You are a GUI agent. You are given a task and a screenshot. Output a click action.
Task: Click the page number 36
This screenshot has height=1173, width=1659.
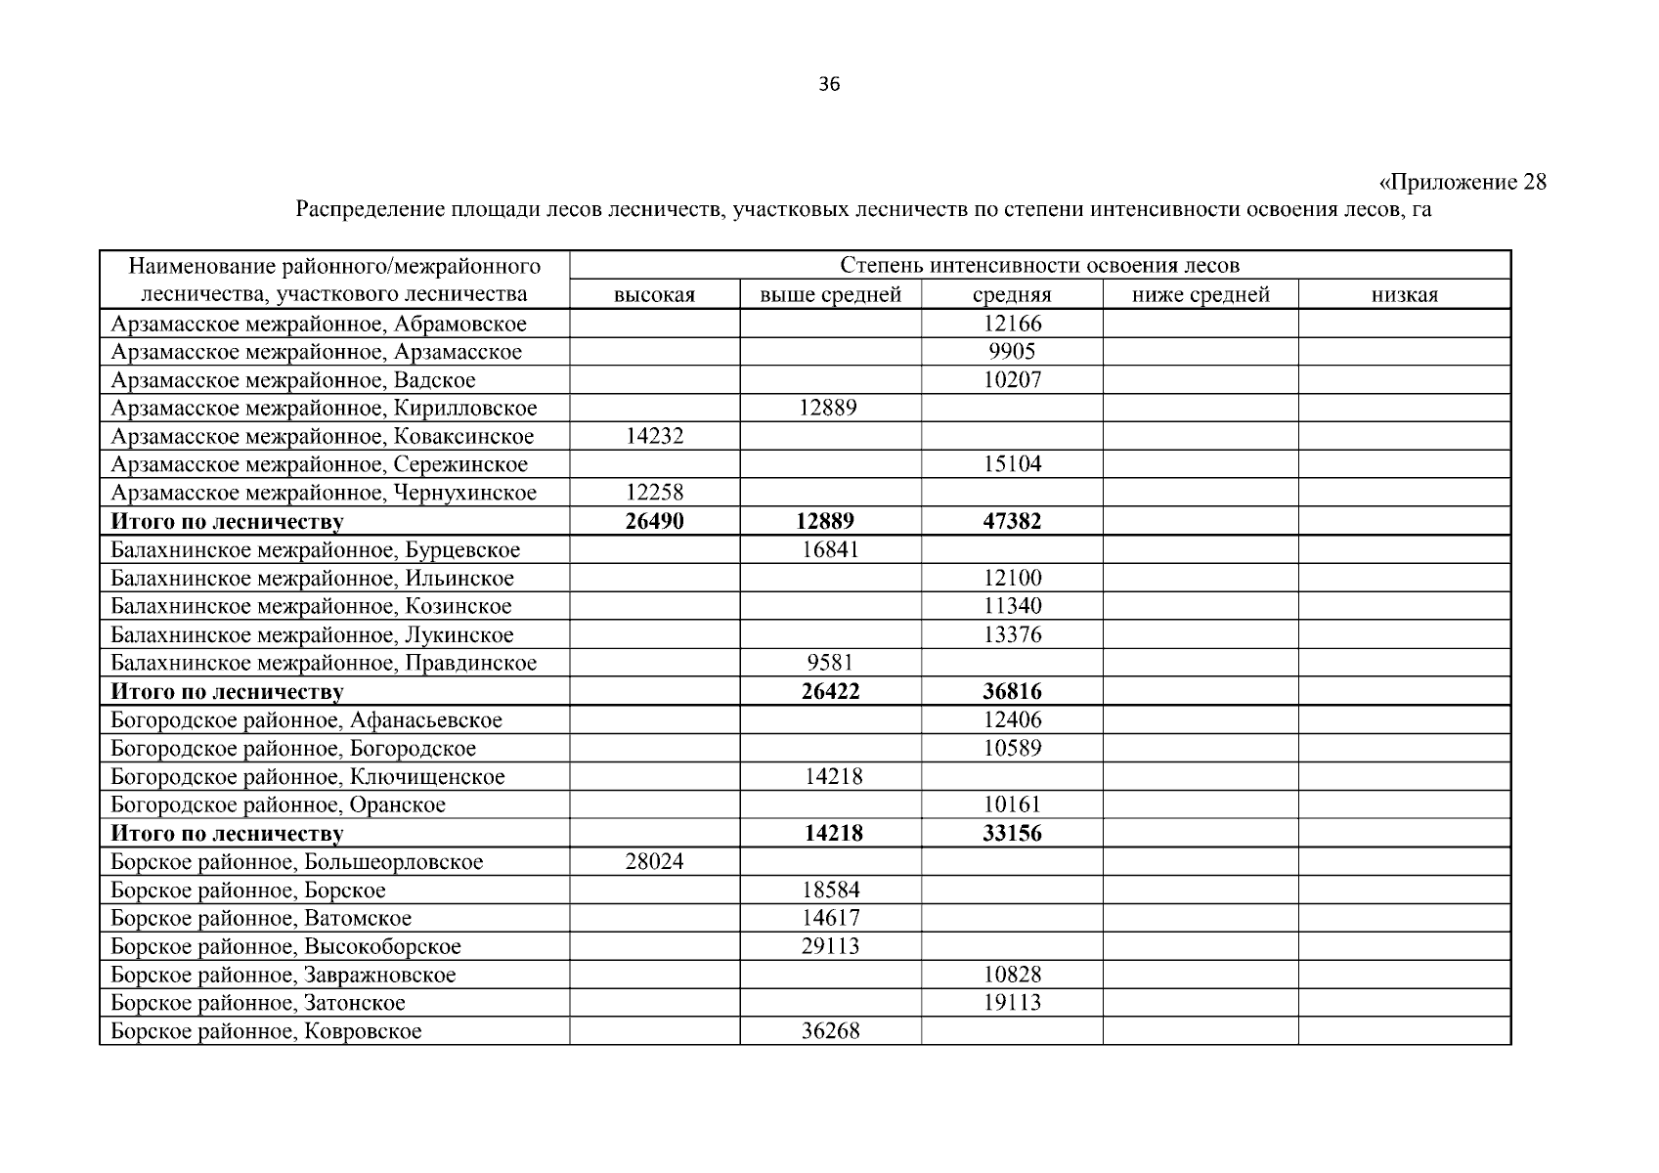828,84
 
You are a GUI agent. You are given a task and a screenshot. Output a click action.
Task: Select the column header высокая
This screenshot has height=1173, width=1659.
654,295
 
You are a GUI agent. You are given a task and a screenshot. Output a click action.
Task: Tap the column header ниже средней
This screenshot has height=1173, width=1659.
1200,295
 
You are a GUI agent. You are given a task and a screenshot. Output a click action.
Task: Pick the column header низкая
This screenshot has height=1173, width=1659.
1404,295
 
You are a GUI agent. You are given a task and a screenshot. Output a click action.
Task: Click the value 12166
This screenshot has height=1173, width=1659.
1012,324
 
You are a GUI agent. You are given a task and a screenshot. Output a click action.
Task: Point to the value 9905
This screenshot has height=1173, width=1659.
1012,352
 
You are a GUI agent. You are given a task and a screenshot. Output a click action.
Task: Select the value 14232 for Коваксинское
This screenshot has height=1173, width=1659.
654,436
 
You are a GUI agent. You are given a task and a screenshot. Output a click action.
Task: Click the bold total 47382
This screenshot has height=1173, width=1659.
1012,522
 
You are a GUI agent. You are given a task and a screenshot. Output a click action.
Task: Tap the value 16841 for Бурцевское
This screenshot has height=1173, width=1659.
830,549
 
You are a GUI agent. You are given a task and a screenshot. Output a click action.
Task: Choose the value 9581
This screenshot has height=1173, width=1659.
830,663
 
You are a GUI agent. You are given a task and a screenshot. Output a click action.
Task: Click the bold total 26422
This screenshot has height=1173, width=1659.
830,692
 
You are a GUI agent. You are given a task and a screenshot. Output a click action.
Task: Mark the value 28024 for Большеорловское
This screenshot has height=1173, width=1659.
654,862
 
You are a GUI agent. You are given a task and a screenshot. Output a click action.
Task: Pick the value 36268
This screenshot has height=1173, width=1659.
830,1031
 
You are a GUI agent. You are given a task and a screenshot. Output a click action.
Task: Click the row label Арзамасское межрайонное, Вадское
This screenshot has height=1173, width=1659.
293,380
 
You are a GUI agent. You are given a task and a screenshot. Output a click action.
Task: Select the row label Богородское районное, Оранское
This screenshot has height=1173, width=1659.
278,805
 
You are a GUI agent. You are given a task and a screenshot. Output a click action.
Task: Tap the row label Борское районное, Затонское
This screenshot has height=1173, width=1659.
257,1003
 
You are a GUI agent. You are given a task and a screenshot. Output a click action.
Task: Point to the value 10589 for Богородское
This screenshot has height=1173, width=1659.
1012,749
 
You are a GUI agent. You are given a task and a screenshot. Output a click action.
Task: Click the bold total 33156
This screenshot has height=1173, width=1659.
1012,834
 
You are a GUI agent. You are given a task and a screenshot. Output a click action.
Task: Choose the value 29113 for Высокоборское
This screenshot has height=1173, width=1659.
830,946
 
